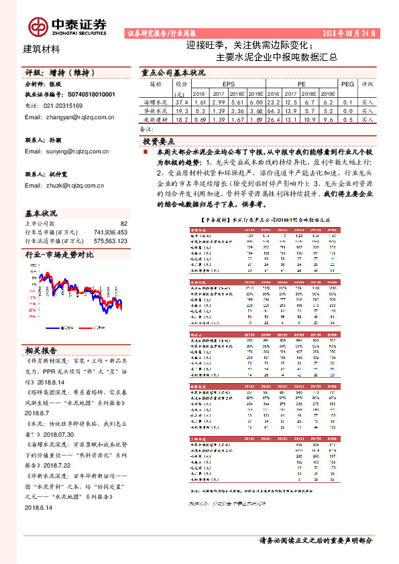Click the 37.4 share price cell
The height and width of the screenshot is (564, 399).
181,102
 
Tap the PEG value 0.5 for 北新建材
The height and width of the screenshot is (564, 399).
347,119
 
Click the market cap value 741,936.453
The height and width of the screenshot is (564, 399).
104,232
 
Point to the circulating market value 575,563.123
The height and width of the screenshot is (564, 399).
104,240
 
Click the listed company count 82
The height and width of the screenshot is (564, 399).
123,223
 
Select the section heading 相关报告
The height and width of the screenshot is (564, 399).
41,350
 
